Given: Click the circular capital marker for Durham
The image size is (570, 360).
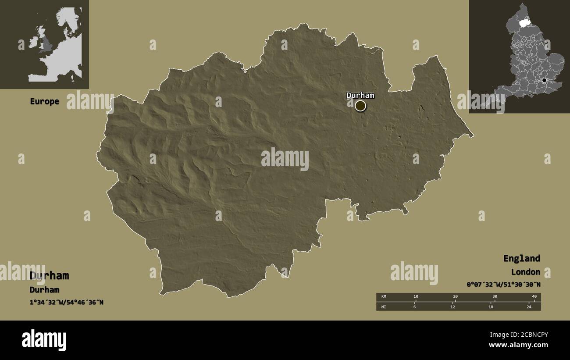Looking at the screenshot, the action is (360, 106).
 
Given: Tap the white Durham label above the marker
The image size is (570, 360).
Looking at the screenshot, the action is (360, 95).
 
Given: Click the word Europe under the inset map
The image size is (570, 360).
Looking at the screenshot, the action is (44, 101).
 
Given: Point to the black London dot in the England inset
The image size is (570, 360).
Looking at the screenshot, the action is (544, 80).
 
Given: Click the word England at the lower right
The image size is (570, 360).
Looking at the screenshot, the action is (521, 258).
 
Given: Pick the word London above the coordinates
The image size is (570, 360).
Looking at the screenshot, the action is (525, 272).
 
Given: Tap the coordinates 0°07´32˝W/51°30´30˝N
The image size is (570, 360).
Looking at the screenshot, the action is (503, 285).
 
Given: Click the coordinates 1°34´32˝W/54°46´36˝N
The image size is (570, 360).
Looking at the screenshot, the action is (67, 302).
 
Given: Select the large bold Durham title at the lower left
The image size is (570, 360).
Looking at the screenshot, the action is (49, 275).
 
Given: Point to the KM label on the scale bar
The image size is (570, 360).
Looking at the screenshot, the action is (384, 297).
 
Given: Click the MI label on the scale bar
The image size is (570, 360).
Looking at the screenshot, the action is (384, 307).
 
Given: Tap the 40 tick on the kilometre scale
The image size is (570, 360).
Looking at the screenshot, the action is (534, 297).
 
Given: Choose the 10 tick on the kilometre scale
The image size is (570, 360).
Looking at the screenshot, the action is (416, 297).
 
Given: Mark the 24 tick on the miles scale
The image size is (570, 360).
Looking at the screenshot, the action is (529, 307).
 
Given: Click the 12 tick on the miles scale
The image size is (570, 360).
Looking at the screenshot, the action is (452, 307).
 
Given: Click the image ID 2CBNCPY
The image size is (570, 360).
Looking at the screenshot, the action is (525, 335).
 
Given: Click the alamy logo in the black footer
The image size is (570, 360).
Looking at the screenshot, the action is (44, 340).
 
